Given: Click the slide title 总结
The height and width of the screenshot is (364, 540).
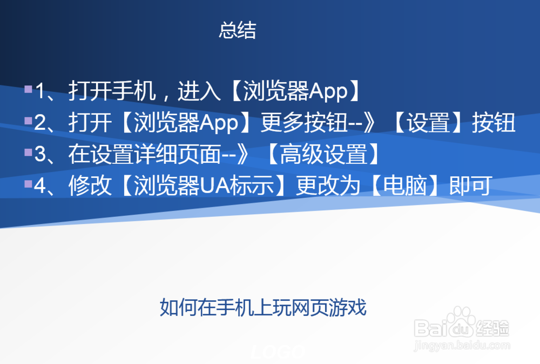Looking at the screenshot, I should coord(237,30).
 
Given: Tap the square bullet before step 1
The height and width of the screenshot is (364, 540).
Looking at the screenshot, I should coord(28,89).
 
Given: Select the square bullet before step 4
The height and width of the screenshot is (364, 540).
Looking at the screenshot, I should coord(28,184).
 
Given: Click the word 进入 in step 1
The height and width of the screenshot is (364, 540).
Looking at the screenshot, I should coord(199,92).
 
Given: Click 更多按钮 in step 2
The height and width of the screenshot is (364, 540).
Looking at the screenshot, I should coord(303,124).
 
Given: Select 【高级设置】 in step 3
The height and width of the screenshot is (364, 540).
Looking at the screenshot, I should coord(322,155).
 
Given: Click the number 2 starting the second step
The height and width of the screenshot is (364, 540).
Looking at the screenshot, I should coord(39,124).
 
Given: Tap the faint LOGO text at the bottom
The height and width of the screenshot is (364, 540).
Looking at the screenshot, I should coord(279,353).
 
